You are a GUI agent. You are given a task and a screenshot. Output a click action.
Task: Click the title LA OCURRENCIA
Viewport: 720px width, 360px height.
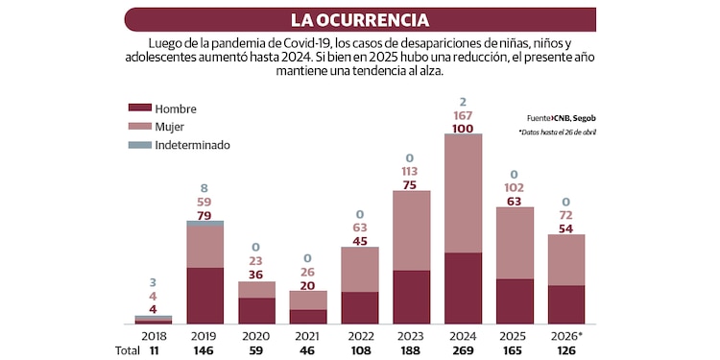point(360,19)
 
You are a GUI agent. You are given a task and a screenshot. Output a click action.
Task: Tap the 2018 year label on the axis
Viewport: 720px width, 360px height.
point(154,336)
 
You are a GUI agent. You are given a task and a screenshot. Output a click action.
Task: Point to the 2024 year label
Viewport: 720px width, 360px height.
point(463,336)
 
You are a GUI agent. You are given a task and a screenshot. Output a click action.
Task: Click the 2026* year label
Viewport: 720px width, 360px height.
point(566,336)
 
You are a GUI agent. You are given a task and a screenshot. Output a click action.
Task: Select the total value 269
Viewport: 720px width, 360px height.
point(463,351)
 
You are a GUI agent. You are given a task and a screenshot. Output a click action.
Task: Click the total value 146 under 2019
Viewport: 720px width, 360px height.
point(205,351)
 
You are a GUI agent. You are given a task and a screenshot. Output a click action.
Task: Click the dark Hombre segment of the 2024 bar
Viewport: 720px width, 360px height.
point(463,288)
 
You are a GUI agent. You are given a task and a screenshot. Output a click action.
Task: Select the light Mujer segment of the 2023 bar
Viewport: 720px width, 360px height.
point(411,230)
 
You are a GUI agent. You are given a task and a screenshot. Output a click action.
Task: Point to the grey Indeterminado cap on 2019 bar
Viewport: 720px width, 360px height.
point(205,223)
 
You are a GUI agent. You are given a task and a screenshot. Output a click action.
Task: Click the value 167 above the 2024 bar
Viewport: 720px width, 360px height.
point(463,115)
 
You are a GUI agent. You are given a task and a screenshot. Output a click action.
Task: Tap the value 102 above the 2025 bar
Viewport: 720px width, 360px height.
point(515,188)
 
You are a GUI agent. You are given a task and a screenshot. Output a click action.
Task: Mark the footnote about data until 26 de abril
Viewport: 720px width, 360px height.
point(557,132)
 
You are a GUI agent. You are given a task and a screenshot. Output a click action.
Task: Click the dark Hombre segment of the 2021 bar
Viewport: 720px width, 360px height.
point(308,317)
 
